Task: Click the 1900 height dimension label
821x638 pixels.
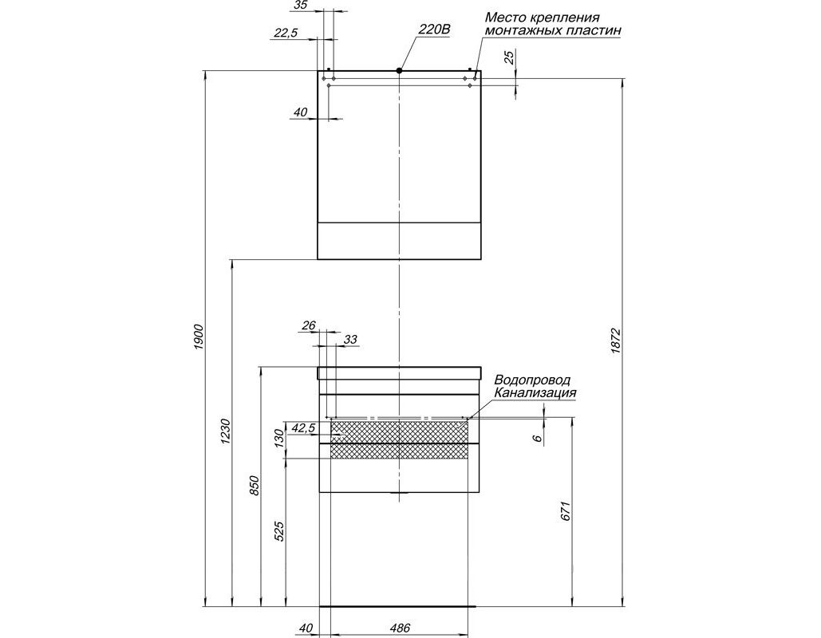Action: coord(199,337)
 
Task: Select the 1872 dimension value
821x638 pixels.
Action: coord(615,341)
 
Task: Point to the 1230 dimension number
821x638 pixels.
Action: coord(225,431)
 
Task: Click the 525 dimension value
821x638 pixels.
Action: coord(279,530)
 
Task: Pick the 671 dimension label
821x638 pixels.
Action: coord(565,511)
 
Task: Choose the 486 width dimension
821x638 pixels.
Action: coord(400,628)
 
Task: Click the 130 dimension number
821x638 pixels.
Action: coord(279,438)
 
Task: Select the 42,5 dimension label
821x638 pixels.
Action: coord(303,427)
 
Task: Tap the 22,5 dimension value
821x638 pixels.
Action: coord(286,33)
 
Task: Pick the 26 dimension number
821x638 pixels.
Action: coord(309,325)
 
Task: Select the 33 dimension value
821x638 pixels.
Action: coord(350,339)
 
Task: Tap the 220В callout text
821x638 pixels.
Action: coord(433,30)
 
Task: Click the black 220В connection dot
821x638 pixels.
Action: coord(399,70)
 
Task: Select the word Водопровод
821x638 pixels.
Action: coord(532,380)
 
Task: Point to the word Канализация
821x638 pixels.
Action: coord(535,392)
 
